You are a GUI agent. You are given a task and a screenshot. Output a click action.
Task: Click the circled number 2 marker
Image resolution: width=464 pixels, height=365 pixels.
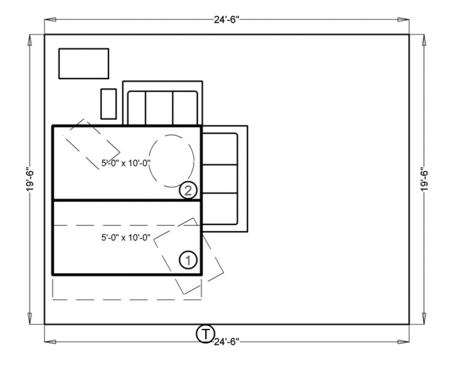pos(188,191)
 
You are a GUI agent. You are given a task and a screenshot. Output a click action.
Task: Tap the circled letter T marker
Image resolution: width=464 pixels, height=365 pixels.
pos(205,334)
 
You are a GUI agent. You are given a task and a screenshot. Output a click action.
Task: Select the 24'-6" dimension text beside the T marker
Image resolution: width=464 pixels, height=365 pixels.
pos(227,342)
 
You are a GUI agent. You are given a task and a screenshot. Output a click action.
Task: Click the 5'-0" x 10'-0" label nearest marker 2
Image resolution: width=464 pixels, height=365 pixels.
pos(126,163)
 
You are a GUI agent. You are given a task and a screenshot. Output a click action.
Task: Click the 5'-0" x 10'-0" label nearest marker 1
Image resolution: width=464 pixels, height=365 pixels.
pos(126,237)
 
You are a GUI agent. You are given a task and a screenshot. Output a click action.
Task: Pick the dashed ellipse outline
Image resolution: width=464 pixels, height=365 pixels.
pos(172,161)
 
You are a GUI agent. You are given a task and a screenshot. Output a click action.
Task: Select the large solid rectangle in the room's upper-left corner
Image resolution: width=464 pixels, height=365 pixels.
pos(84,63)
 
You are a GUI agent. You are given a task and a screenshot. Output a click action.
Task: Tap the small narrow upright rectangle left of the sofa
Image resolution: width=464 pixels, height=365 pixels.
pos(108,103)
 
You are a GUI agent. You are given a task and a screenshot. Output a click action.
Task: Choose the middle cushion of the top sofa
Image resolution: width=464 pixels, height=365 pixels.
pos(159,108)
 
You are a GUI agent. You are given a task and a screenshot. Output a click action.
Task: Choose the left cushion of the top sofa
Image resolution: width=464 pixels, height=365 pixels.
pos(136,108)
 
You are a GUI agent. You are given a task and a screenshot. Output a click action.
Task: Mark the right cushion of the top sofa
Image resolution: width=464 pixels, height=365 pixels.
pos(185,108)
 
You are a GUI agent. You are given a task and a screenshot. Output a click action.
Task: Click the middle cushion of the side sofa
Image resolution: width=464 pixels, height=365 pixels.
pos(220,179)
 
